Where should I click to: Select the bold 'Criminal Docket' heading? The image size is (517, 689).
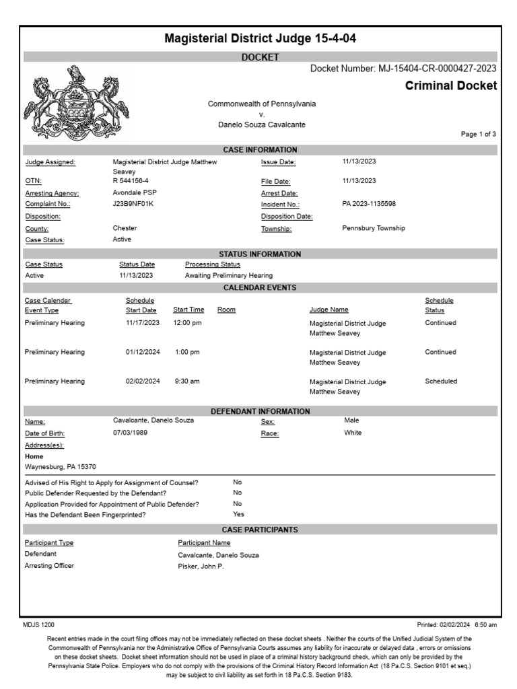click(x=451, y=85)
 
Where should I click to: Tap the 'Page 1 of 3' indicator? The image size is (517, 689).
click(x=478, y=135)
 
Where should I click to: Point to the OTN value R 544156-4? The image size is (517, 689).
click(x=131, y=181)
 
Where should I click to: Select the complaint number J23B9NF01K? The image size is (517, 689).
click(x=133, y=204)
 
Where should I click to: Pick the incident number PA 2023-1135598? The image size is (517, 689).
click(x=369, y=204)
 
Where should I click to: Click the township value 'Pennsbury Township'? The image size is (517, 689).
click(x=374, y=228)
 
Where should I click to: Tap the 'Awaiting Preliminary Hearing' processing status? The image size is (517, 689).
click(x=228, y=276)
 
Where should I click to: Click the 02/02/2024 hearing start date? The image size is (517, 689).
click(x=143, y=382)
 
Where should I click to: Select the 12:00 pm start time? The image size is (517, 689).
click(x=187, y=323)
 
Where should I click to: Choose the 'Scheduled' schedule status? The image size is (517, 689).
click(x=441, y=382)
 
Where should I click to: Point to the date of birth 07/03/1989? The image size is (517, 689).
click(x=131, y=433)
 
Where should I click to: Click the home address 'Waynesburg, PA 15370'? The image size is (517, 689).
click(x=61, y=466)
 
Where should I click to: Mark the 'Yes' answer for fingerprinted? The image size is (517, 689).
click(x=238, y=515)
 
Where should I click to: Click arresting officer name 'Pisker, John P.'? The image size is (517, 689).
click(x=201, y=567)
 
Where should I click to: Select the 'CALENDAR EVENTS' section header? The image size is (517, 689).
click(x=260, y=288)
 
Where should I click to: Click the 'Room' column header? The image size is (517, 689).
click(x=226, y=310)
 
